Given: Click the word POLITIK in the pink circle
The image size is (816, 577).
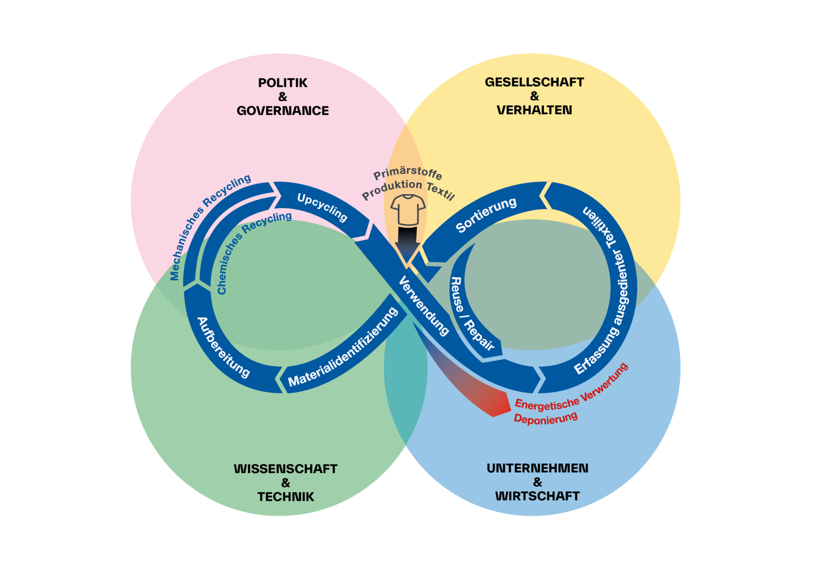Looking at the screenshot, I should pos(282,83).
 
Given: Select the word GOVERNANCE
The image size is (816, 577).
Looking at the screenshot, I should pos(282,111).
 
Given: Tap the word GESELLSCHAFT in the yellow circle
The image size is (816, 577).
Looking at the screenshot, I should pos(534,82).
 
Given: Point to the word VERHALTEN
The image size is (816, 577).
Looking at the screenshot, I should pos(534,110).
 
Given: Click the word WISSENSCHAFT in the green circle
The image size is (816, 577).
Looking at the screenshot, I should pos(285,469).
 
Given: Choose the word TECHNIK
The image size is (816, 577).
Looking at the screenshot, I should pos(285,497).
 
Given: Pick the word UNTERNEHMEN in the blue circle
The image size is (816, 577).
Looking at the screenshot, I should pos(537,468).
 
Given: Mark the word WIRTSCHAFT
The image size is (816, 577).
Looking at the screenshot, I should pos(537,496).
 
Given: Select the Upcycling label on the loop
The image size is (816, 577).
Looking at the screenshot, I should pos(322,207).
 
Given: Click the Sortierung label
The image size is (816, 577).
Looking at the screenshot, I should pos(486,214).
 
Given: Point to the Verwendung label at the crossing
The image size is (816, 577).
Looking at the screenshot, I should pos(423,306).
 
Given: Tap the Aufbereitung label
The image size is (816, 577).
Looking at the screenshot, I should pos(223,347).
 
